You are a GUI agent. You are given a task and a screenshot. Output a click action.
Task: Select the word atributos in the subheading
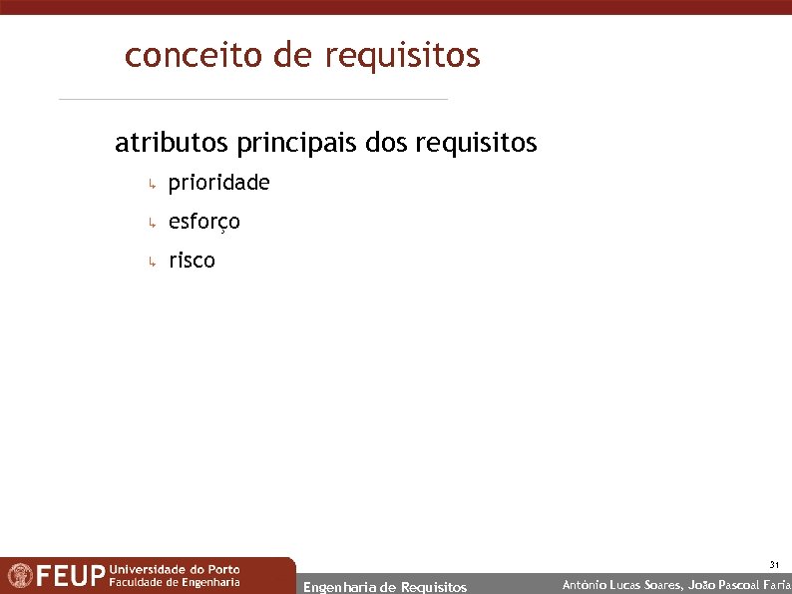(172, 144)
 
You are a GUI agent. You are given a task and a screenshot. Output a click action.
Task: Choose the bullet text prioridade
(218, 184)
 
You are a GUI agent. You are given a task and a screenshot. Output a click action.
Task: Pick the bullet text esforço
(204, 222)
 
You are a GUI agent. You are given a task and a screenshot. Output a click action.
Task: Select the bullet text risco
(192, 262)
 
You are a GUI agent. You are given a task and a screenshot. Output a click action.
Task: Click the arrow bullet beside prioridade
(150, 185)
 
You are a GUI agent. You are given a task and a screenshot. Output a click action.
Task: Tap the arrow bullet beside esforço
(150, 224)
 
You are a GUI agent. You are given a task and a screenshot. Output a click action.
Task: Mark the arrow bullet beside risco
(150, 263)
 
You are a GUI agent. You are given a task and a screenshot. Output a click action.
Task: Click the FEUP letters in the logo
(71, 576)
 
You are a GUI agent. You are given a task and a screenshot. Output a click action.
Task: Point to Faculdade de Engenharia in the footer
(174, 582)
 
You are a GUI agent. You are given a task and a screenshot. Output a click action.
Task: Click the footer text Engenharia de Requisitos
(384, 587)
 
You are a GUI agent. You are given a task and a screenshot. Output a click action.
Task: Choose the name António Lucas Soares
(622, 585)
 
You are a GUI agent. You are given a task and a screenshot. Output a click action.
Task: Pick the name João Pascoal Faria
(739, 585)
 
